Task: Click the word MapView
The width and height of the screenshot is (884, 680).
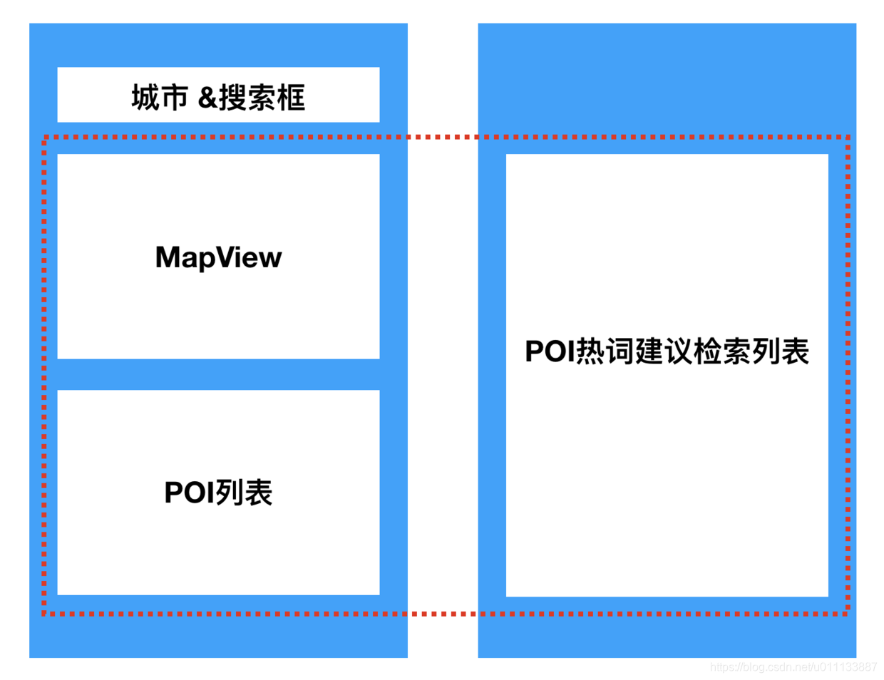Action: [x=218, y=257]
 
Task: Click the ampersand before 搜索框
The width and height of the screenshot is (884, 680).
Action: [x=207, y=98]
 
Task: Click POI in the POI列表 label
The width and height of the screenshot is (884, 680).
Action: [x=190, y=493]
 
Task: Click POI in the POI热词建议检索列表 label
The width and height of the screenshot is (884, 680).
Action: [x=550, y=351]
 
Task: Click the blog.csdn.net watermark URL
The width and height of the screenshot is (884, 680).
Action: [x=793, y=667]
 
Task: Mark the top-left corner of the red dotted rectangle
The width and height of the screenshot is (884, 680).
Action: [x=44, y=137]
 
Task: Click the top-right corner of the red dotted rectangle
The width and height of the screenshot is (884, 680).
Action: [x=848, y=137]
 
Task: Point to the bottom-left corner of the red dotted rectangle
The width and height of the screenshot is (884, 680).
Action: [x=44, y=613]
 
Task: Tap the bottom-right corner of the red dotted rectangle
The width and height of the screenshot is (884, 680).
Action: [x=848, y=613]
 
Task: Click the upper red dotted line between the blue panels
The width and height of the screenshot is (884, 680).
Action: [x=443, y=137]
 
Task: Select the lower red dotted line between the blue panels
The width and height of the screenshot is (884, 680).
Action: [x=443, y=613]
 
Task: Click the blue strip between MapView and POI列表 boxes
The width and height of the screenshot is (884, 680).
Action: [x=218, y=374]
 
